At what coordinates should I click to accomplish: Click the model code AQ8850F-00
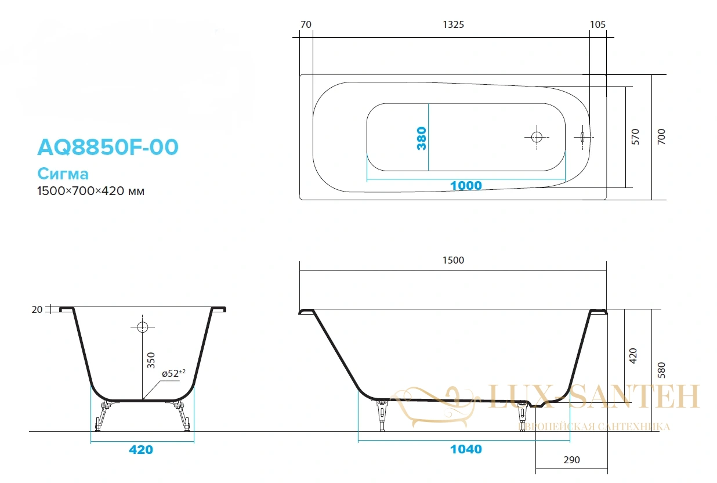coord(108,147)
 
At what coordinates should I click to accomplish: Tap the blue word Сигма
coord(63,174)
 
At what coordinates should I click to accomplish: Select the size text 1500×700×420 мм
coord(90,191)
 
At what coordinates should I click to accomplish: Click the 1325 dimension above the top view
coord(453,24)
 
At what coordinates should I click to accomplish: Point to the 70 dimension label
coord(306,24)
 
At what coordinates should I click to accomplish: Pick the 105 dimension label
coord(597,24)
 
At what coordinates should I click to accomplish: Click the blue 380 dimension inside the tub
coord(422,138)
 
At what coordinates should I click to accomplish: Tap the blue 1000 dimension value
coord(466,185)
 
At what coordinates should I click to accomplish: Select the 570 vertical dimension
coord(635,137)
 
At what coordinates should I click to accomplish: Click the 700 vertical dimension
coord(661,137)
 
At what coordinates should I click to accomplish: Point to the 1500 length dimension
coord(453,260)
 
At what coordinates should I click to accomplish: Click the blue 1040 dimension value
coord(466,449)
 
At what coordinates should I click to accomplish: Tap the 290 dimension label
coord(571,460)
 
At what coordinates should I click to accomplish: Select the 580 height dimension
coord(661,370)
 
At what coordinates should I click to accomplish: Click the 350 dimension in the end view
coord(151,361)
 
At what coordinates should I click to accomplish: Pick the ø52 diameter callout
coord(173,373)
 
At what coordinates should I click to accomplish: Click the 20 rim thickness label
coord(37,310)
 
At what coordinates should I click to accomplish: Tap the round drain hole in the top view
coord(537,137)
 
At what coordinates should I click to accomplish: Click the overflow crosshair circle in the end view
coord(143,327)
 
